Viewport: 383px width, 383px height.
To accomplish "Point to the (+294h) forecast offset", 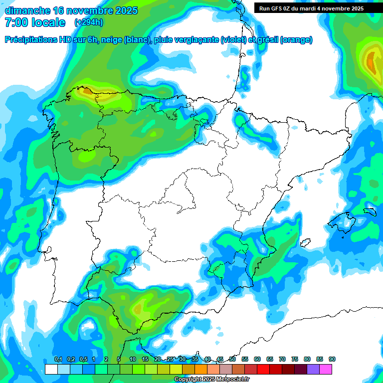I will coord(89,22).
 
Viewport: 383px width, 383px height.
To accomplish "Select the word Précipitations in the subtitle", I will coord(30,40).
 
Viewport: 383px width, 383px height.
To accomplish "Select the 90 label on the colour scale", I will coord(332,360).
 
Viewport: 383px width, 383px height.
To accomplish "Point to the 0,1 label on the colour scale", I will coord(58,360).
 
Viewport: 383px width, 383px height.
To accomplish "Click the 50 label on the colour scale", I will coord(232,360).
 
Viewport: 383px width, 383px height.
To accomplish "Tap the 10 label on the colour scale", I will coord(133,360).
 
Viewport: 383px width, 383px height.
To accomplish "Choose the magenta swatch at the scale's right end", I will coord(326,369).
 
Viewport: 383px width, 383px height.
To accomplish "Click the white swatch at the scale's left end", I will coord(51,369).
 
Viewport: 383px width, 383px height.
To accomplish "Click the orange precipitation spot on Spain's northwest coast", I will coord(86,91).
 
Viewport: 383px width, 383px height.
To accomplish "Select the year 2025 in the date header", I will coord(126,10).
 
